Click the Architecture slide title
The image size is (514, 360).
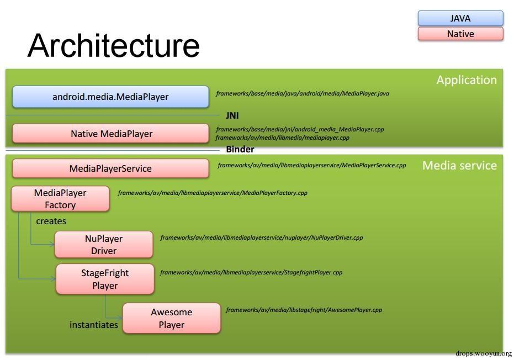[113, 45]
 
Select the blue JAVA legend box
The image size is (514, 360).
[460, 18]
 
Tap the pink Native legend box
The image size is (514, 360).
[460, 34]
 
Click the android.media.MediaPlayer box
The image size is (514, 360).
[110, 97]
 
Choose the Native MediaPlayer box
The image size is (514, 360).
[110, 134]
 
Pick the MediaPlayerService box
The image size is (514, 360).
[110, 168]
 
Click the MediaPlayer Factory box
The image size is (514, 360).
[60, 199]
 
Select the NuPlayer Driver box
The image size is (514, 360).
[104, 245]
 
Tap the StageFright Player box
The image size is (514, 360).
[105, 279]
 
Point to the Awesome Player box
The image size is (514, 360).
[171, 319]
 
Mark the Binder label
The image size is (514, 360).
[240, 150]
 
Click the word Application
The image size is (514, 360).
[467, 80]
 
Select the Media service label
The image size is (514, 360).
[459, 166]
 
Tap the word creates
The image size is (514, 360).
[51, 221]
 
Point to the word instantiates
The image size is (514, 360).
[94, 325]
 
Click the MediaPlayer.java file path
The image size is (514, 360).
[303, 94]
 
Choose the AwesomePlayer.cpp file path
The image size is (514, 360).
[304, 310]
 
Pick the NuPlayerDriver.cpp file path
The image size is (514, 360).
[262, 238]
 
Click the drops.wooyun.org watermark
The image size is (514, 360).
[484, 353]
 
